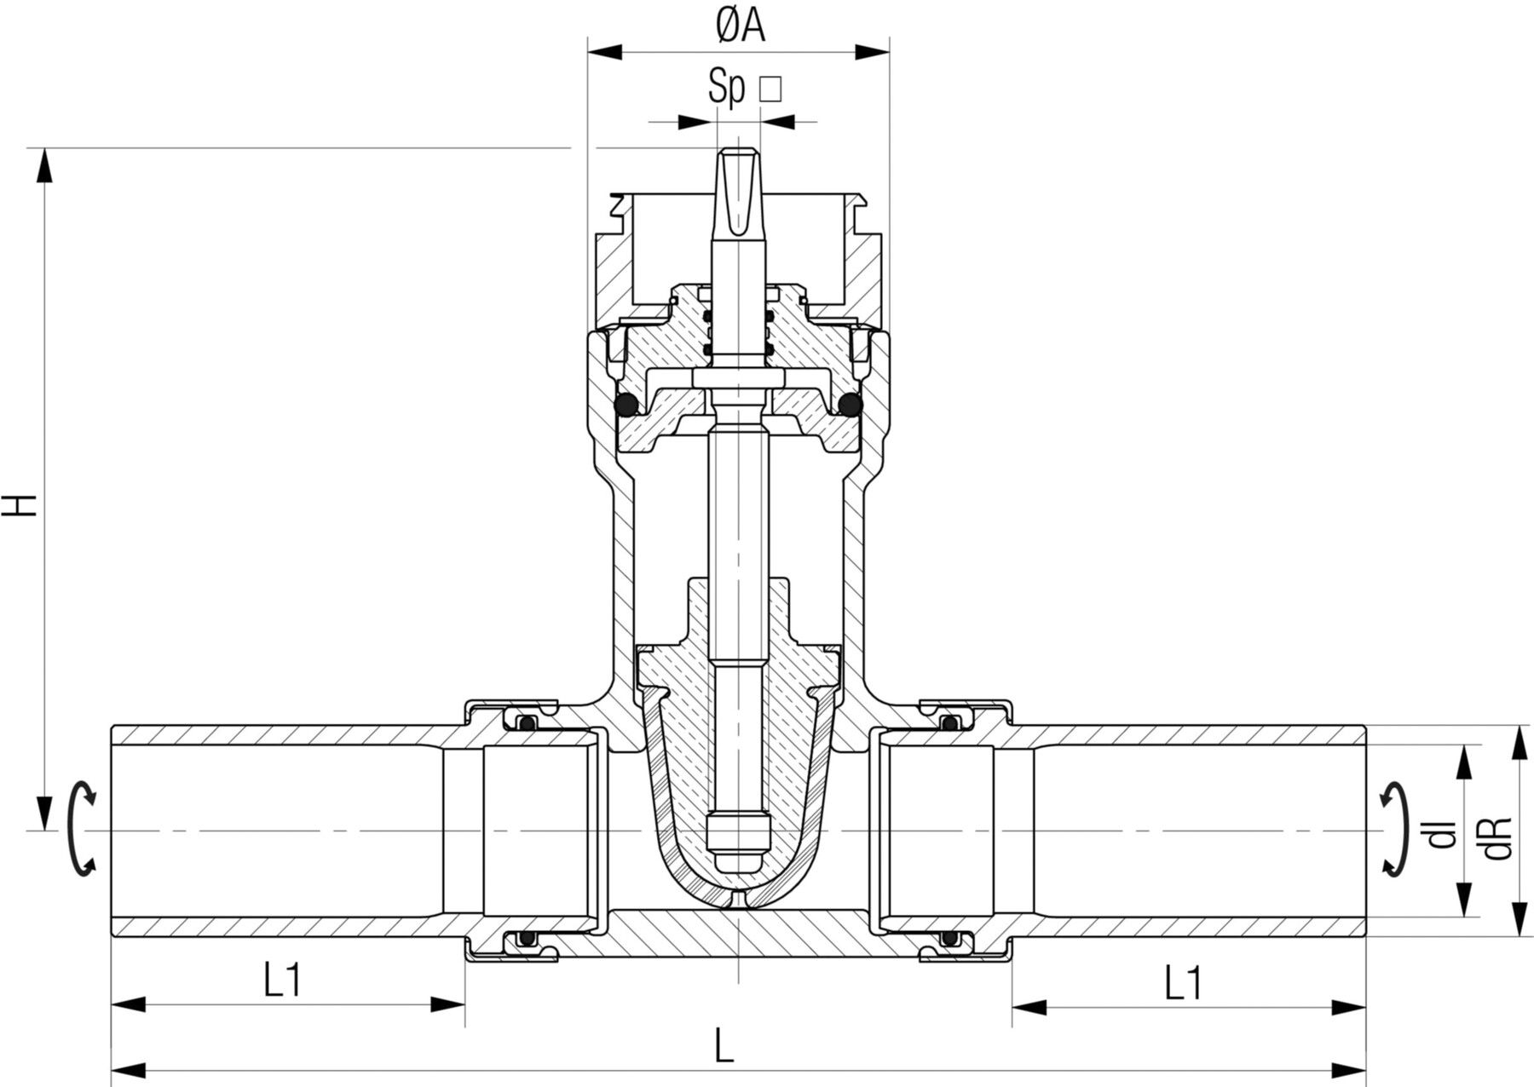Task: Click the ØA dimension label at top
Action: (739, 27)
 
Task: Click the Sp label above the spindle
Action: (726, 88)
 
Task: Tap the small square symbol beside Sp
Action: (770, 89)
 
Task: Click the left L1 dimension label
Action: (282, 982)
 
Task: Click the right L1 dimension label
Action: (1183, 984)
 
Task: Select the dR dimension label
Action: (1499, 837)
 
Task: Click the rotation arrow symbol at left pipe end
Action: (82, 828)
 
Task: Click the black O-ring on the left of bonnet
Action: (629, 405)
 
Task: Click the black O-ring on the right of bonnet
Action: (849, 405)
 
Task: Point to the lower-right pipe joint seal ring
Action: (949, 939)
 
